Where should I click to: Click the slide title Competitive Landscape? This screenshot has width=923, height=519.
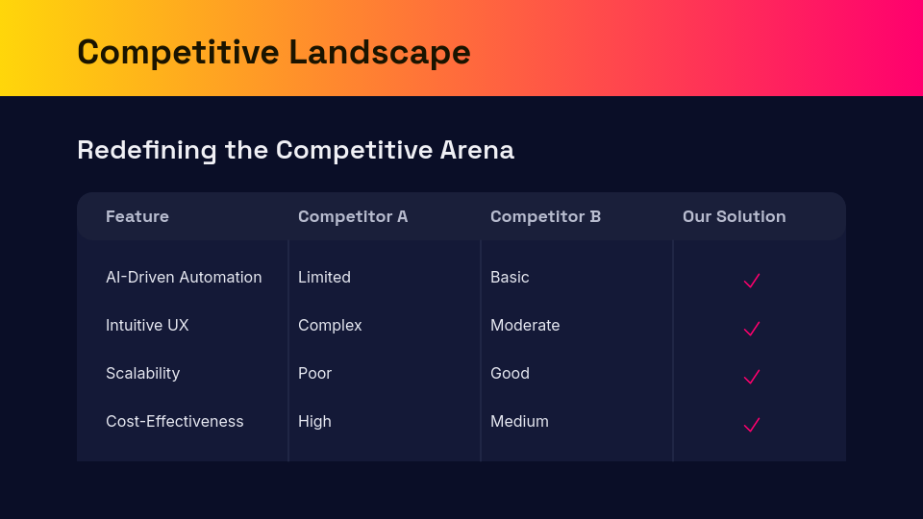pyautogui.click(x=274, y=52)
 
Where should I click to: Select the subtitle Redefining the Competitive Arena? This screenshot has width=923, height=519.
pyautogui.click(x=295, y=150)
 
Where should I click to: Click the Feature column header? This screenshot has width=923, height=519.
pyautogui.click(x=137, y=216)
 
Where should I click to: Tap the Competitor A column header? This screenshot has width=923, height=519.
pyautogui.click(x=353, y=216)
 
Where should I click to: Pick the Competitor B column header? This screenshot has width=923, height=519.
pyautogui.click(x=545, y=216)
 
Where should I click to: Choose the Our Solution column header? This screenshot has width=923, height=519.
pyautogui.click(x=734, y=216)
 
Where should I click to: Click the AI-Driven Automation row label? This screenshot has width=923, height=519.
pyautogui.click(x=184, y=277)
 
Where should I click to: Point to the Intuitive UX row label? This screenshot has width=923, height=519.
pyautogui.click(x=147, y=326)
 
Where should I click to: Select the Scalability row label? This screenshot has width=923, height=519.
pyautogui.click(x=143, y=374)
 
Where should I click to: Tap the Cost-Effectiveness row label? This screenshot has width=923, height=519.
pyautogui.click(x=175, y=421)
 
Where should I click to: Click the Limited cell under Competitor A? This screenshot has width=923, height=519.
pyautogui.click(x=324, y=277)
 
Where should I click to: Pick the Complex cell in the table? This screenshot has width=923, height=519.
pyautogui.click(x=330, y=326)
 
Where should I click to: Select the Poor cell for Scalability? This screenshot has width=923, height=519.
pyautogui.click(x=315, y=374)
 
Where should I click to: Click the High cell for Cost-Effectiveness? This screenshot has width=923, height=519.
pyautogui.click(x=314, y=421)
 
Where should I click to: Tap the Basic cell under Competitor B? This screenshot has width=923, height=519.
pyautogui.click(x=510, y=277)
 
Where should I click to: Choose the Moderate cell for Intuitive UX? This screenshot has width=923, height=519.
pyautogui.click(x=525, y=326)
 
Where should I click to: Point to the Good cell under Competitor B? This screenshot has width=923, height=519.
pyautogui.click(x=510, y=374)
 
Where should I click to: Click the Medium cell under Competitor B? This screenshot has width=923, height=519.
pyautogui.click(x=519, y=421)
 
